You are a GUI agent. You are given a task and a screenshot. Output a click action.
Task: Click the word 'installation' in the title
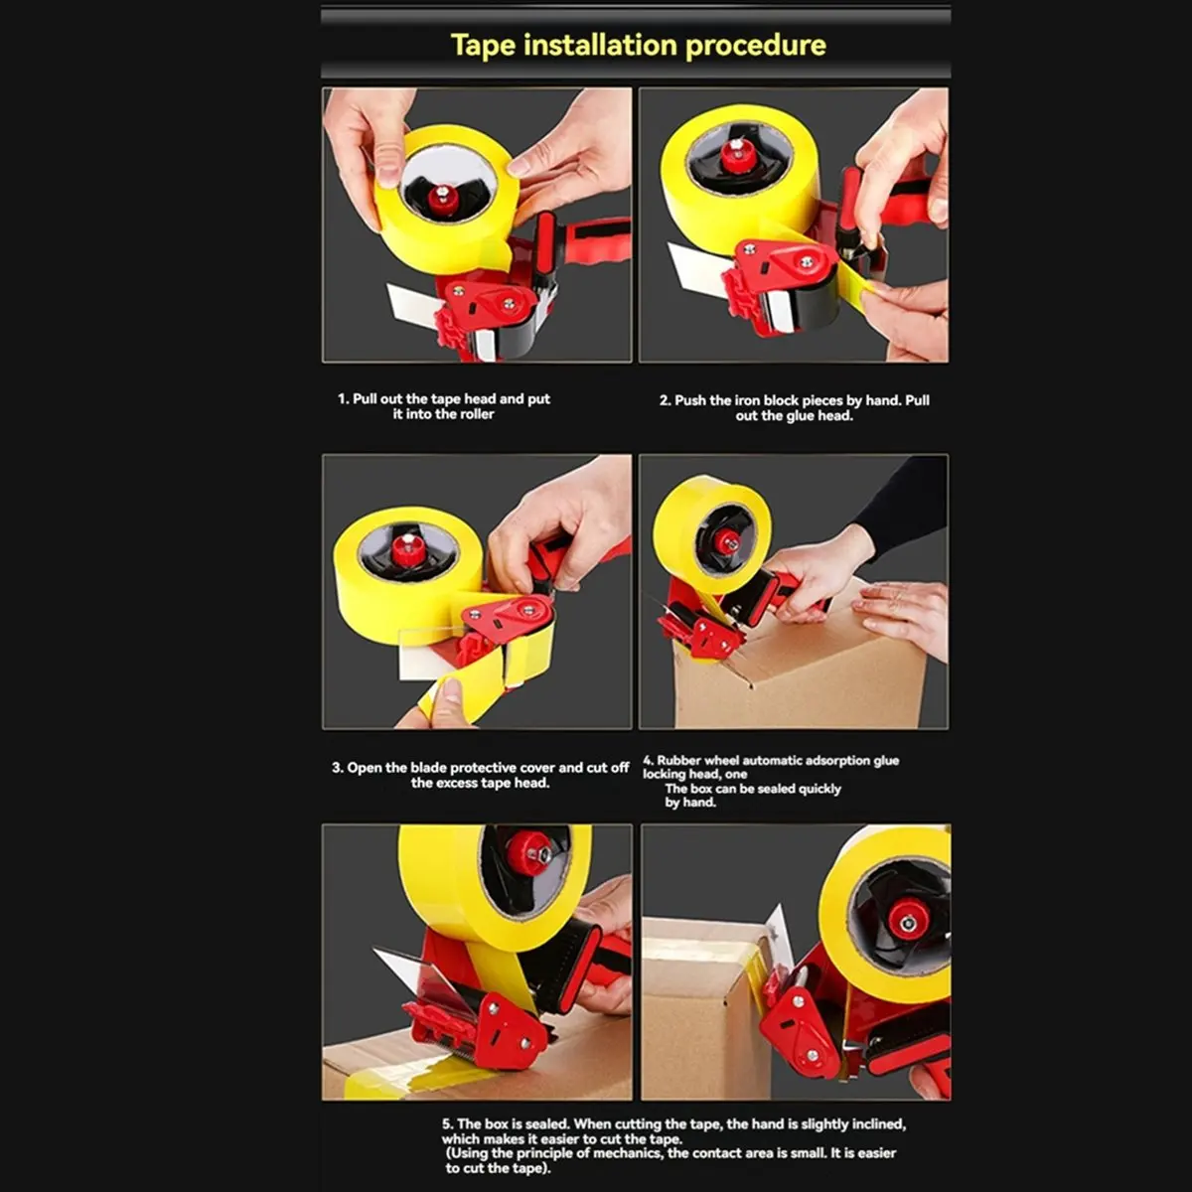[x=601, y=46]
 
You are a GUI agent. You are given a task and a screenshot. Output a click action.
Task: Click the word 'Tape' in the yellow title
[x=482, y=46]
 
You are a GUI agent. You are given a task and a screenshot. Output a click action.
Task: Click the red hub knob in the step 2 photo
[x=736, y=156]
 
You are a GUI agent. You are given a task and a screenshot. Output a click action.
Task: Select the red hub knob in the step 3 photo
[x=406, y=547]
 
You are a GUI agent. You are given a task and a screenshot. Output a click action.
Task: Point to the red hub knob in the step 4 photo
[x=727, y=541]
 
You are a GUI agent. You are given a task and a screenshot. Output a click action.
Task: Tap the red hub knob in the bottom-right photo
[x=908, y=919]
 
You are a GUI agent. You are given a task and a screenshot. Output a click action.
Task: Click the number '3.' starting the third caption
[x=338, y=768]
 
